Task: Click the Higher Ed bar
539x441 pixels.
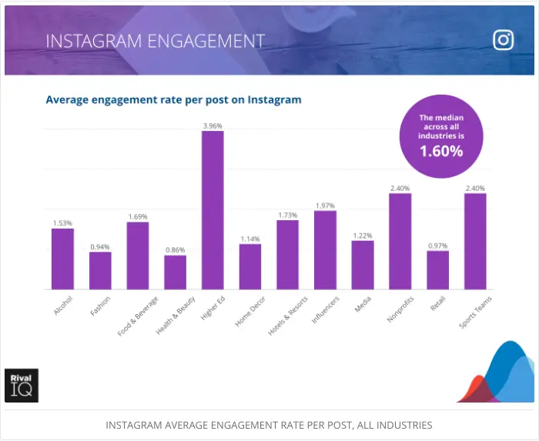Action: (x=213, y=210)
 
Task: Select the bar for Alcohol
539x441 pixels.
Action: (x=62, y=259)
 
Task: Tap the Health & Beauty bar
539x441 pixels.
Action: (x=175, y=272)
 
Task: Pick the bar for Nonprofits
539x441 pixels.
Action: (x=400, y=241)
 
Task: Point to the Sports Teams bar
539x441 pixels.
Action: (x=475, y=241)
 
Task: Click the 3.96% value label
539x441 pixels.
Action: (x=213, y=125)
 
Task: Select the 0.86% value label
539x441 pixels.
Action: (x=175, y=250)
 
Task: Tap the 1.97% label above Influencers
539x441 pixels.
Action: (x=325, y=205)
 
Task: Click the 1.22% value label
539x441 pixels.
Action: (x=363, y=236)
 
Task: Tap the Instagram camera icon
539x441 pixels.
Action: (x=503, y=40)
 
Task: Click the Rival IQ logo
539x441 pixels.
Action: (x=21, y=385)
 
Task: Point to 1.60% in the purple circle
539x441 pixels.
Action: (x=441, y=152)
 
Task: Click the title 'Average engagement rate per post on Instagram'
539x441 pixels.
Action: (x=173, y=100)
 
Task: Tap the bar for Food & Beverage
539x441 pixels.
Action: (x=138, y=256)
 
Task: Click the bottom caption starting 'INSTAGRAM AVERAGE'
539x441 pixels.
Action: (x=269, y=425)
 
